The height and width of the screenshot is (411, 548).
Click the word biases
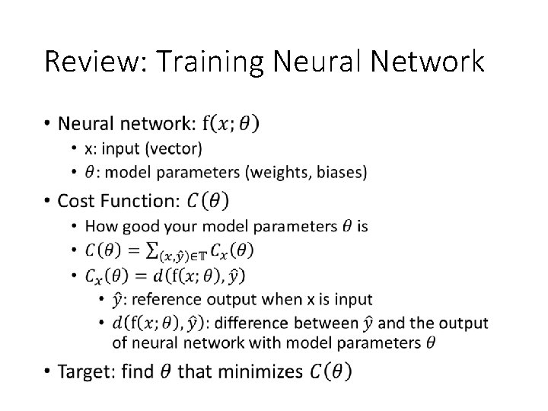342,174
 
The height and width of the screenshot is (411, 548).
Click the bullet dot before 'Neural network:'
47,123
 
